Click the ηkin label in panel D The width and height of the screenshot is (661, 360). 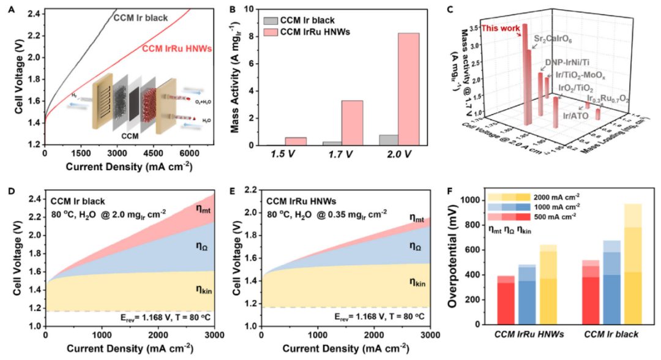205,282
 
